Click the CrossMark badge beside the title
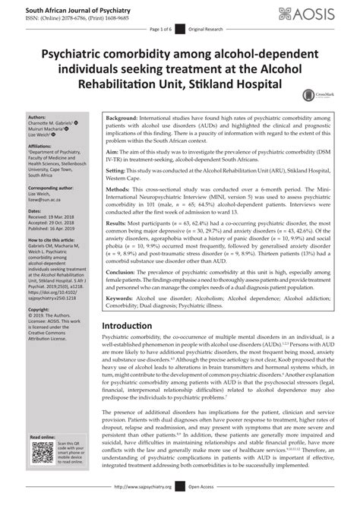coord(308,93)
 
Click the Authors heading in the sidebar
coord(36,118)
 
